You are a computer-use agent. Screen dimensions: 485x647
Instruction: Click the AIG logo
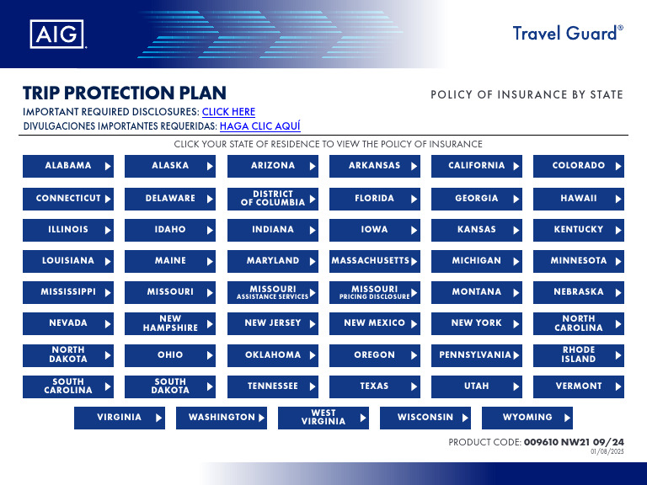click(x=57, y=34)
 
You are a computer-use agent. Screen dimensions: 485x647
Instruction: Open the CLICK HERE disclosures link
click(x=228, y=112)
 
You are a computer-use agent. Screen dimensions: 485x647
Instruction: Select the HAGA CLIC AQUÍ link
click(x=259, y=127)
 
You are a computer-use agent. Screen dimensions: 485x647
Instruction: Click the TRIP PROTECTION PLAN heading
click(x=125, y=93)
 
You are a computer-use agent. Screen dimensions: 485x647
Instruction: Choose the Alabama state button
click(x=68, y=166)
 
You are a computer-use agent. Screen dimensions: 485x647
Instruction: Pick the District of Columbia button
click(x=273, y=199)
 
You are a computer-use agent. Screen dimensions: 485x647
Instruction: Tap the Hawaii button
click(x=579, y=199)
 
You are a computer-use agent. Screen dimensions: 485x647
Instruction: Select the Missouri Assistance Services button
click(x=273, y=292)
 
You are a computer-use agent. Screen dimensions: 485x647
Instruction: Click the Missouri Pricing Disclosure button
click(x=375, y=292)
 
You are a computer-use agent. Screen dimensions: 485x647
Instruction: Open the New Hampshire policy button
click(x=170, y=323)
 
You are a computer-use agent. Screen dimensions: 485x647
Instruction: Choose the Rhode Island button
click(x=579, y=354)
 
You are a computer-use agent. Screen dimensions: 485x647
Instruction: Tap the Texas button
click(x=375, y=386)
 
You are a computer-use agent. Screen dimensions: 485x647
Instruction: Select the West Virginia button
click(x=323, y=418)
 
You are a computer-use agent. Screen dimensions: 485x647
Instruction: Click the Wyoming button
click(x=527, y=418)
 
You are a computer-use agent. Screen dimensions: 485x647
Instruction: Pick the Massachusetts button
click(x=375, y=261)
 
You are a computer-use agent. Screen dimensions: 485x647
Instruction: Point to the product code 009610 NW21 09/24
click(x=574, y=441)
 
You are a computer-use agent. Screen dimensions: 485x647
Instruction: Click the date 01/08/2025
click(x=607, y=452)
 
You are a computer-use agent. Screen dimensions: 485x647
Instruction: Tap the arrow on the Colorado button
click(x=618, y=167)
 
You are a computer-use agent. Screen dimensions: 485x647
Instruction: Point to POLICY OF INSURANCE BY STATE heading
click(x=527, y=94)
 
